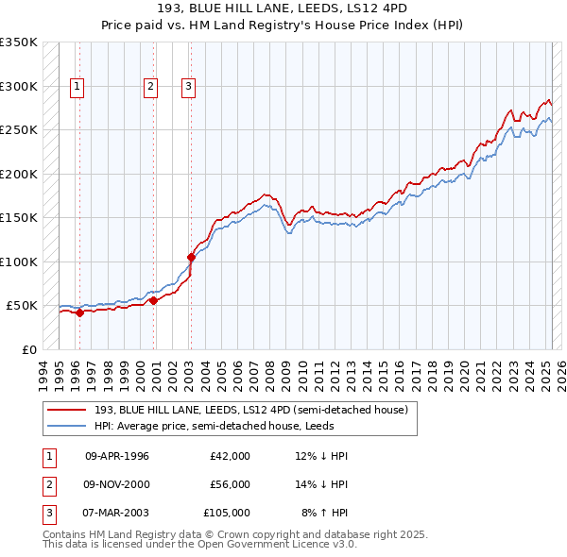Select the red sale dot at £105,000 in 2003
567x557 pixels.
tap(191, 256)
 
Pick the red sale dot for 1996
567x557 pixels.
tap(79, 312)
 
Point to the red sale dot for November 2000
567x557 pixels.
tap(153, 300)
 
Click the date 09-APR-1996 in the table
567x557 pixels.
tap(117, 456)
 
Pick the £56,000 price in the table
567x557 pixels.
tap(230, 484)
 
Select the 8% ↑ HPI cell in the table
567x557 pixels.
tap(324, 513)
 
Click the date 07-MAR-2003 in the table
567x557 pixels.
tap(117, 513)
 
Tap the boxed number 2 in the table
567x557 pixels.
tap(48, 484)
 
